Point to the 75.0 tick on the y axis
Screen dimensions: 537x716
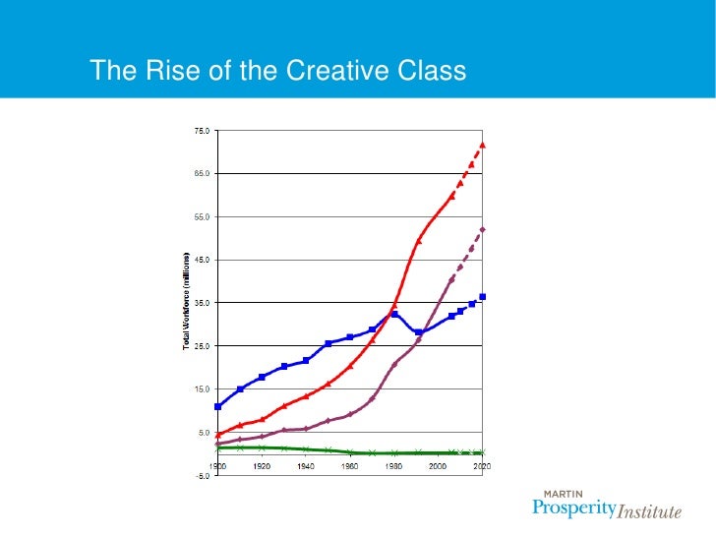pos(200,130)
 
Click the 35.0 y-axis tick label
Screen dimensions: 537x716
pos(200,303)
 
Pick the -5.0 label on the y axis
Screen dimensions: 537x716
pos(200,476)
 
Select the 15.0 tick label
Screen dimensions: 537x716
pos(200,389)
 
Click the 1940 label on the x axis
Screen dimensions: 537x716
pos(306,466)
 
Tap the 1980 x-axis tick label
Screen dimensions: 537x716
pos(394,466)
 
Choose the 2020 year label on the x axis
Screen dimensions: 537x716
pos(482,466)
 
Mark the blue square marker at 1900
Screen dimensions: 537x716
pos(218,406)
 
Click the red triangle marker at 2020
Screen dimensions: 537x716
pos(482,145)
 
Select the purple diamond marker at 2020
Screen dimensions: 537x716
pos(482,229)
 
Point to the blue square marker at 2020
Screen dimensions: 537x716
pos(482,297)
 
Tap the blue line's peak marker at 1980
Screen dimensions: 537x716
pos(394,314)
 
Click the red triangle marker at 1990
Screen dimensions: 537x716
pos(417,241)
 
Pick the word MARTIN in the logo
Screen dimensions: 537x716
pos(562,495)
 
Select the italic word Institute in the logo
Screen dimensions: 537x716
pos(648,511)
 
